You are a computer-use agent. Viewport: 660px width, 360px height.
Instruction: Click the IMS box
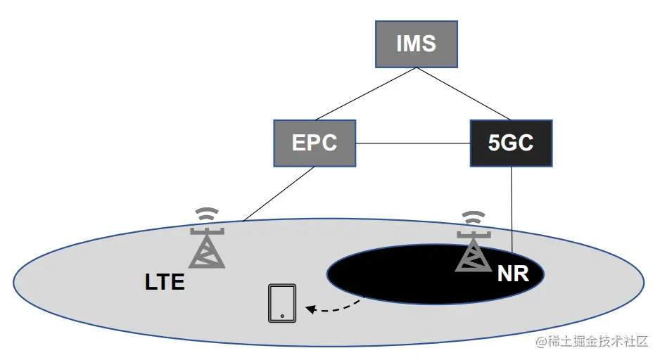416,44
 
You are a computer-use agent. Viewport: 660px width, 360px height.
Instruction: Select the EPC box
315,143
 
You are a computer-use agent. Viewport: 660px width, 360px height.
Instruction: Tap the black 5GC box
511,143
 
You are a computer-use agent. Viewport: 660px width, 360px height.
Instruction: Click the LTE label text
165,283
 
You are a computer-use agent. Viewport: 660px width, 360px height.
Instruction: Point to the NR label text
512,274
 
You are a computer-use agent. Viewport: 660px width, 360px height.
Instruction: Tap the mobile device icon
281,303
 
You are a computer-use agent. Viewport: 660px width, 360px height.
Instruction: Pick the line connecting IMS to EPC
366,94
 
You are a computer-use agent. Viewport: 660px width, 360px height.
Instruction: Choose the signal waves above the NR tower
474,217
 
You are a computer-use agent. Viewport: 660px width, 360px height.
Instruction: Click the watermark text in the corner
591,342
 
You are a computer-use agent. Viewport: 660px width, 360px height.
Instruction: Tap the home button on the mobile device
281,316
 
